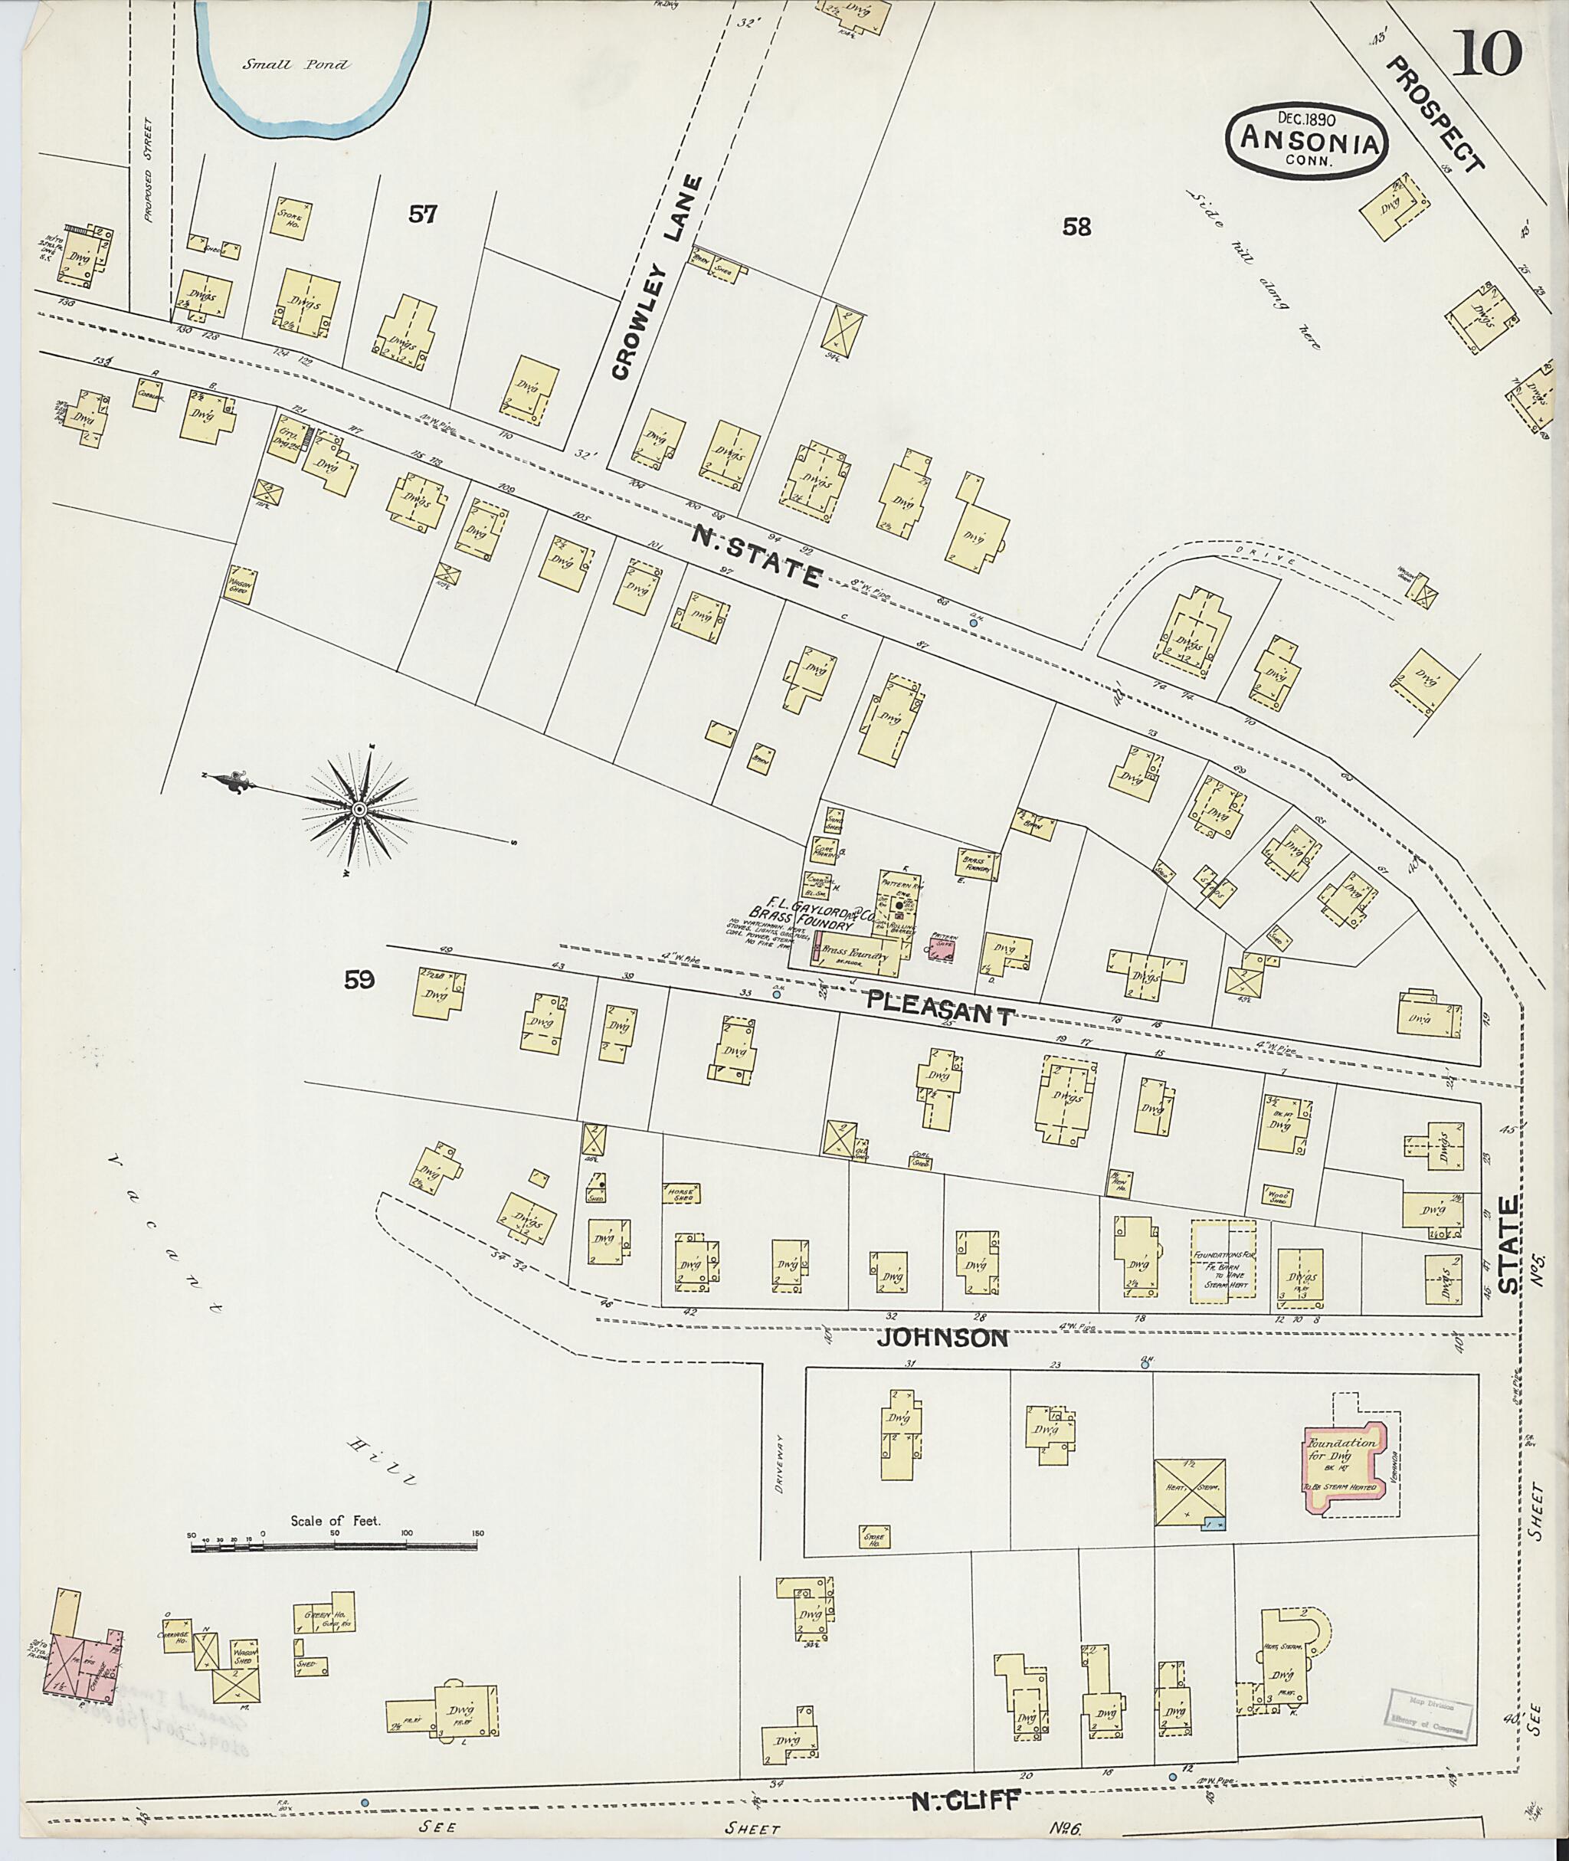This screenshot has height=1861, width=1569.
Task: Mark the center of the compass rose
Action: (x=359, y=808)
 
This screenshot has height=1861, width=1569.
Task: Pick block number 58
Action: (x=1076, y=227)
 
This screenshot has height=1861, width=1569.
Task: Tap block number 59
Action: (x=359, y=979)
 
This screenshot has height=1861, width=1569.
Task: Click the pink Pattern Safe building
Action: (x=942, y=946)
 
